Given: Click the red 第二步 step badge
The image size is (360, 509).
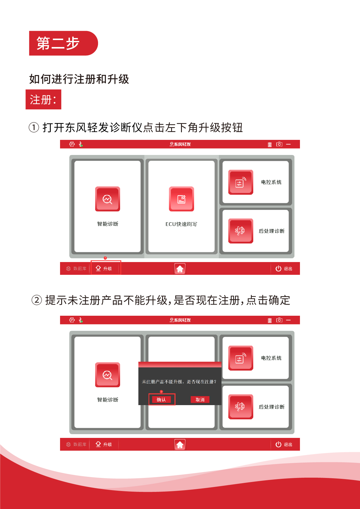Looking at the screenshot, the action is tap(64, 43).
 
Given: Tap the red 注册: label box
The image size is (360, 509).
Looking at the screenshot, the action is tap(44, 100).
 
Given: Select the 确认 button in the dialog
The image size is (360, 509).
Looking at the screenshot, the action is tap(162, 400).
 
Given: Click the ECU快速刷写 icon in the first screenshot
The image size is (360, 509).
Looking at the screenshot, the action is tap(182, 199).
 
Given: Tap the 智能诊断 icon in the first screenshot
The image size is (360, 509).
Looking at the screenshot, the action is tap(108, 199).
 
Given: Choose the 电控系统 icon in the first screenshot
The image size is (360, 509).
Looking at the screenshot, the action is tap(241, 182).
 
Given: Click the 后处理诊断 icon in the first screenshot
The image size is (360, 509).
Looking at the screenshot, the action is tap(241, 231).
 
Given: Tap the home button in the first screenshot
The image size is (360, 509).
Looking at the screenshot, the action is tap(180, 269).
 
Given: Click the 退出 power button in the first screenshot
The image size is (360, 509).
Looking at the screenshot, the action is tap(283, 268).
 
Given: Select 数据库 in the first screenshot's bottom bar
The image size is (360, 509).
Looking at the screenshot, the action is tap(76, 268).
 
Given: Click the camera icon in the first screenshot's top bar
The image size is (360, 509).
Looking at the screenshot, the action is tap(279, 144).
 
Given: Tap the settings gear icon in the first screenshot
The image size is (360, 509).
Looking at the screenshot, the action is tap(72, 144).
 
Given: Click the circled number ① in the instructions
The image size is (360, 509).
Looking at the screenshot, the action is tap(34, 127).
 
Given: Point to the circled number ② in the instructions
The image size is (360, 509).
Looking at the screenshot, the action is tap(37, 300).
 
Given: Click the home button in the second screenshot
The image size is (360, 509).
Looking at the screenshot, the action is tap(180, 445).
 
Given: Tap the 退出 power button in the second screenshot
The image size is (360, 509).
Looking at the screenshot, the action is tap(283, 444).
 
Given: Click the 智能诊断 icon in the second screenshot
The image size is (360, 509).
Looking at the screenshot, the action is tap(108, 375).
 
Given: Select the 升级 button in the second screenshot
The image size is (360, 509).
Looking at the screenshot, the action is tap(104, 444).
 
